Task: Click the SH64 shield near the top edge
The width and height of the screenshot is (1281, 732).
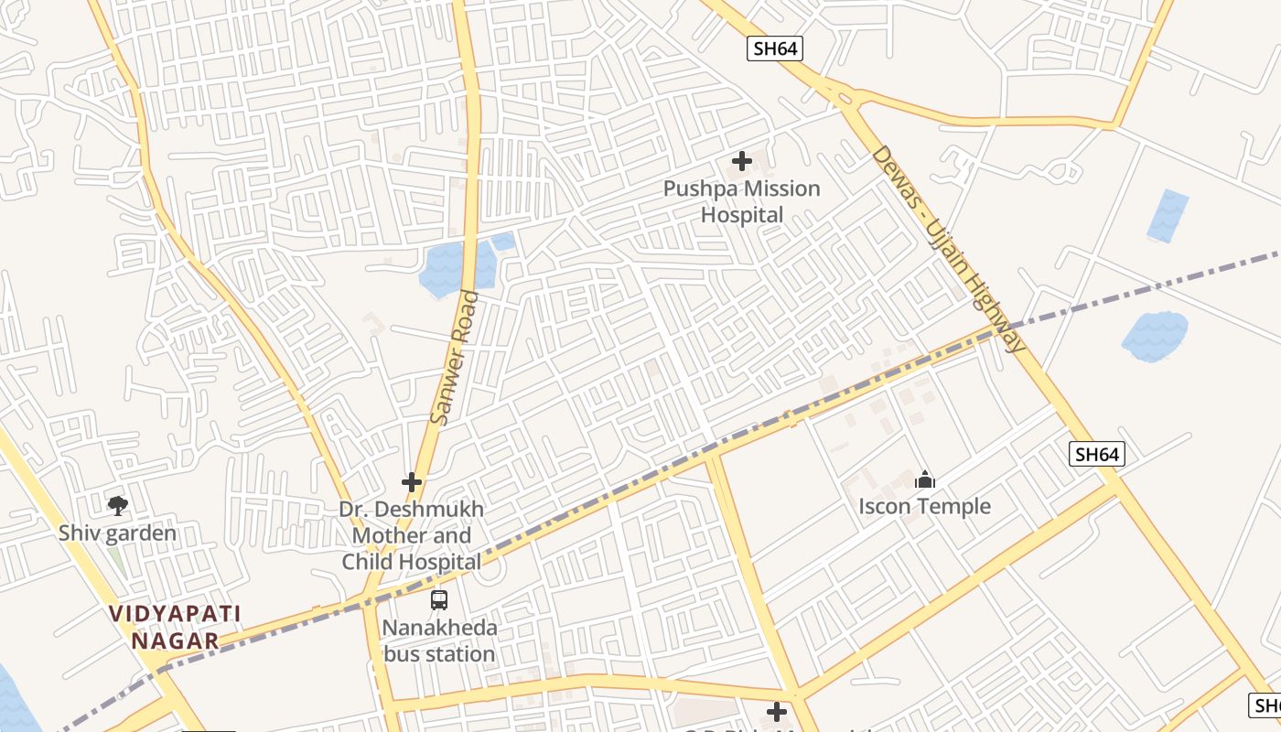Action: (x=775, y=48)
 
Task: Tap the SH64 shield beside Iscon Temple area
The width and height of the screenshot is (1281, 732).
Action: (x=1096, y=454)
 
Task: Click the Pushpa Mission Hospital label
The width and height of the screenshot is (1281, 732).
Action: (x=742, y=202)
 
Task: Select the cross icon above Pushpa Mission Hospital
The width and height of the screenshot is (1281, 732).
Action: (x=742, y=162)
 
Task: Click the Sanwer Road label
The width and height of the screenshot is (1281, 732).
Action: (x=455, y=357)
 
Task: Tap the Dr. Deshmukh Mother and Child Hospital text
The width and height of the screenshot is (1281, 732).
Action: (x=412, y=535)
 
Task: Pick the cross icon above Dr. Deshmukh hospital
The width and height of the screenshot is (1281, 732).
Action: (x=412, y=481)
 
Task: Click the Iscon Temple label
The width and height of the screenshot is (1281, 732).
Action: (x=925, y=506)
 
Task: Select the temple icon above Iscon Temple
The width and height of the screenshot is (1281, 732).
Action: (x=925, y=479)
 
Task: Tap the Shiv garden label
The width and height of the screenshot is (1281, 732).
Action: (x=117, y=533)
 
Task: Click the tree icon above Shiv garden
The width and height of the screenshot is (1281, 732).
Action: (x=117, y=505)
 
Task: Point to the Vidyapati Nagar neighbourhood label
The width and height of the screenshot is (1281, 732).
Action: (x=175, y=627)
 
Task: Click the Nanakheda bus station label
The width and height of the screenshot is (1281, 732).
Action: (x=439, y=640)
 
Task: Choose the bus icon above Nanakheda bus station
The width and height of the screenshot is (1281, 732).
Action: (x=439, y=600)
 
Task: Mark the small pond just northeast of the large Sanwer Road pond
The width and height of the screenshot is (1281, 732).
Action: (x=503, y=242)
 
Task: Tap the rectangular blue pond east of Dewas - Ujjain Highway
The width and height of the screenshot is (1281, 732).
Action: (x=1168, y=216)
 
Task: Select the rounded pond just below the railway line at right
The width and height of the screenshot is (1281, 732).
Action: (x=1155, y=335)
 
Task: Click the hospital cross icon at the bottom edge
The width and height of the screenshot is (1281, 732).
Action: (x=777, y=712)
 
